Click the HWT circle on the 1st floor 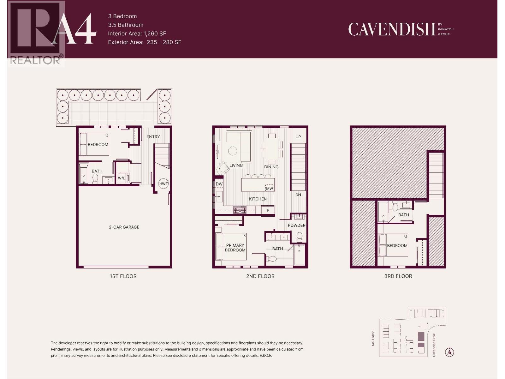point(163,184)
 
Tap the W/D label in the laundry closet point(122,178)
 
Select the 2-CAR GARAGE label point(124,227)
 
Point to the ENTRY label point(153,137)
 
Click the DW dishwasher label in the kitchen point(219,184)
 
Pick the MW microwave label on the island point(270,189)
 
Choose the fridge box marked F point(268,210)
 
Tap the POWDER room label point(296,225)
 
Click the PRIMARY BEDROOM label point(235,248)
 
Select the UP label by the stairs point(298,137)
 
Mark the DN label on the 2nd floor point(298,195)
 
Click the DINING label point(271,167)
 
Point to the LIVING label point(236,165)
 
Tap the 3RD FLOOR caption point(398,276)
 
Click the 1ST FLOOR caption point(123,276)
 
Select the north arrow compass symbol point(449,352)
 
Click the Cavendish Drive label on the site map point(434,345)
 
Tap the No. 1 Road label point(373,338)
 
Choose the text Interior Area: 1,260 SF point(137,33)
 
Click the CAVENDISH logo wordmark point(392,29)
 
